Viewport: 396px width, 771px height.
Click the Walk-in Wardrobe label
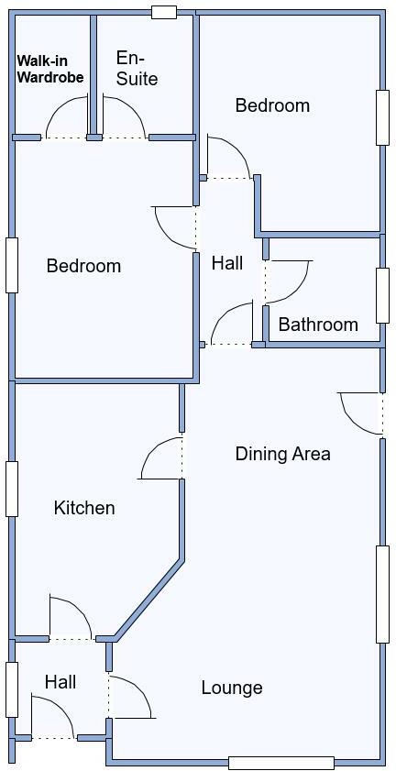point(49,70)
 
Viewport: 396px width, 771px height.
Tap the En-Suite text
point(137,69)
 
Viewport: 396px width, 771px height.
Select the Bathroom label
point(318,325)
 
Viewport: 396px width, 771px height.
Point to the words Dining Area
point(282,454)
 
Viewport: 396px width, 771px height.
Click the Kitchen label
point(84,508)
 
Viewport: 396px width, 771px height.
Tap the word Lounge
point(232,688)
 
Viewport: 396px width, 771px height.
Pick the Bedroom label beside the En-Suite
point(272,105)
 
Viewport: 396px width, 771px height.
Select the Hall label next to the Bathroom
point(227,264)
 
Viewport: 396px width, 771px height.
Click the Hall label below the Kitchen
point(60,682)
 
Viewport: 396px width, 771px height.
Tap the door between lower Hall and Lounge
point(131,697)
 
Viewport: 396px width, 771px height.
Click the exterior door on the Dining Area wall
point(362,413)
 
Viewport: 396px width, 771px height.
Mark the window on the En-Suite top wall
point(163,12)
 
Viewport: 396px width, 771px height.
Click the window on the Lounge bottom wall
point(280,763)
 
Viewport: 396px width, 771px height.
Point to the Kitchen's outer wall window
point(12,488)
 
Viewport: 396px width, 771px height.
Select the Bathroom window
point(382,294)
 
